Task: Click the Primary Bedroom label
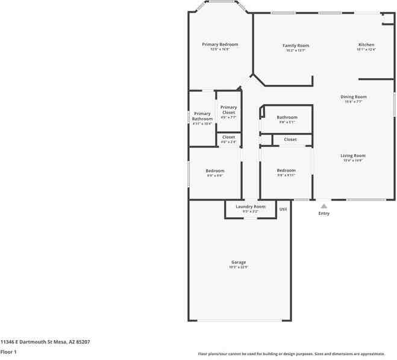coord(220,45)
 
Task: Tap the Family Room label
coord(296,45)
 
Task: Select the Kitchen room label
coord(366,45)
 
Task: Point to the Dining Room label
coord(354,96)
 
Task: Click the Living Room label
coord(353,155)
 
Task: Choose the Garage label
coord(239,262)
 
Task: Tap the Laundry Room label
coord(251,206)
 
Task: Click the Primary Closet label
coord(228,110)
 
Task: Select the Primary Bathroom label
coord(202,116)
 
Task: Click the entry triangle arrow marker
coord(324,206)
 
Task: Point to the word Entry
coord(324,213)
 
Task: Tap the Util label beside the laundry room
coord(283,209)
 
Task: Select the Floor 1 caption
coord(8,351)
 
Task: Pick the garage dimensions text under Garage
coord(239,267)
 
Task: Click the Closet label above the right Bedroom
coord(290,139)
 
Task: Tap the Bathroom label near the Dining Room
coord(287,117)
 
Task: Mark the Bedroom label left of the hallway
coord(215,170)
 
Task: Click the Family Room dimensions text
coord(296,51)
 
